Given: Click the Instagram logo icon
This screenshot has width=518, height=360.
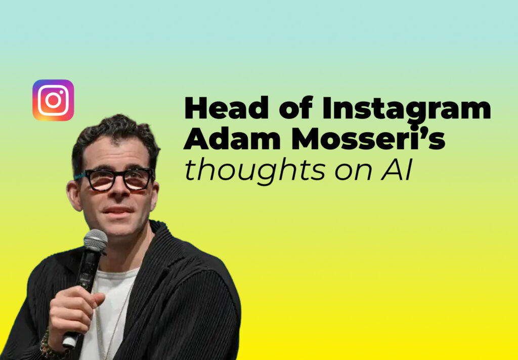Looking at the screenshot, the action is click(x=53, y=100).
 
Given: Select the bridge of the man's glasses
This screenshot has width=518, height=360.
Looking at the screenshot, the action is click(x=117, y=175).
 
